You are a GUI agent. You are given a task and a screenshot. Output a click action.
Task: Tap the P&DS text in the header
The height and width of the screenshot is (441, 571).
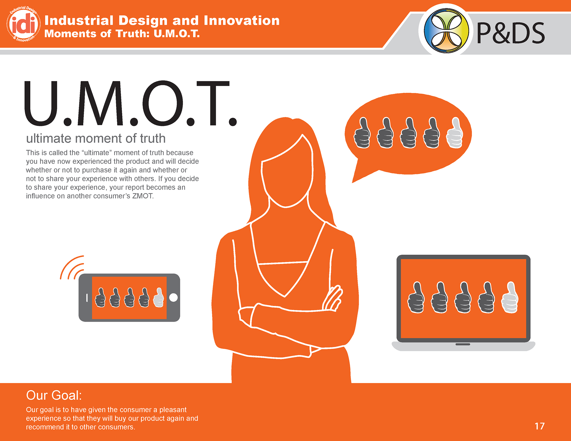click(x=511, y=33)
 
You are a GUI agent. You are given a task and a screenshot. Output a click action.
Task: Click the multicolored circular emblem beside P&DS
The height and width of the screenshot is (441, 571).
click(x=446, y=31)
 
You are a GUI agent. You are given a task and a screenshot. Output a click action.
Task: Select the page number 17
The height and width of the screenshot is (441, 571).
click(x=539, y=426)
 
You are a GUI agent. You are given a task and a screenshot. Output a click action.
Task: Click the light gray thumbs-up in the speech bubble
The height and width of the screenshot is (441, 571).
click(x=455, y=133)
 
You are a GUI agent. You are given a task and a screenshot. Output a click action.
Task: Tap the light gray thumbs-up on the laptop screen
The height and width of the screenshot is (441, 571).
click(x=510, y=297)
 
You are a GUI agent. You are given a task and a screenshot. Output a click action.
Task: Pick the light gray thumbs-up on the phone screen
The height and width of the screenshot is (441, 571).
click(x=159, y=297)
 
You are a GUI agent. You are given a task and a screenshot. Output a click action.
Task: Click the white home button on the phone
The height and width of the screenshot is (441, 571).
click(x=173, y=297)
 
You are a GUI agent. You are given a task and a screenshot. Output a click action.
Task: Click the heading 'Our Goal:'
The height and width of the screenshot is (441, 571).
click(x=54, y=395)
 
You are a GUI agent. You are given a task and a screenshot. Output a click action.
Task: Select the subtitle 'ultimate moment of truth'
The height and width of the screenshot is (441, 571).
click(x=96, y=138)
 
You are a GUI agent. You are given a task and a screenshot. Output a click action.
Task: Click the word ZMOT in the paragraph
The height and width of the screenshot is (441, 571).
click(x=142, y=196)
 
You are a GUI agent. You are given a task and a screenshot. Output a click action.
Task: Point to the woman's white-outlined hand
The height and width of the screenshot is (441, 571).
click(x=332, y=299)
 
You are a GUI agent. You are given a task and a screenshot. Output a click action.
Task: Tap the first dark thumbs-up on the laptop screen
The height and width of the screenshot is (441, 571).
click(x=416, y=297)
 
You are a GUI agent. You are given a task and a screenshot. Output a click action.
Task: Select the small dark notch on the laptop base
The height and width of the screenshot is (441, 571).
click(x=463, y=344)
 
